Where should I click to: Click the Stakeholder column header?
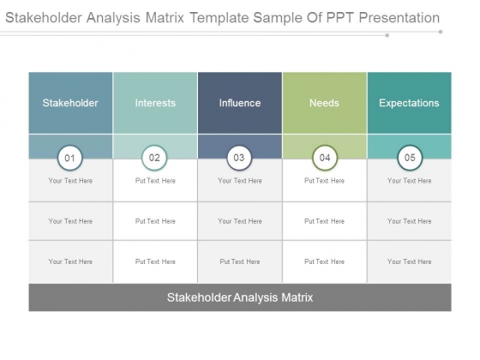(70, 103)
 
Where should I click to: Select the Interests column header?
(155, 103)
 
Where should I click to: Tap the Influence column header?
(240, 103)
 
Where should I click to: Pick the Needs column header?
(325, 103)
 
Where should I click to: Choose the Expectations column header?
(410, 103)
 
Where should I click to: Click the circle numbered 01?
(69, 158)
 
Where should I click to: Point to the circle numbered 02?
(154, 158)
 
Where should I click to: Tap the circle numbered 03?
(239, 158)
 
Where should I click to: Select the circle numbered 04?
(325, 158)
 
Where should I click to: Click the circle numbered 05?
(410, 158)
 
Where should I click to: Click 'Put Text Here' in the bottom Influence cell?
(240, 261)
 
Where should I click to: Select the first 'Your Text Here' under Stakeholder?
(70, 181)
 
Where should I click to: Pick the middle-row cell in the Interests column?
(155, 221)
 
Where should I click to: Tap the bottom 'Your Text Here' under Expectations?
(410, 261)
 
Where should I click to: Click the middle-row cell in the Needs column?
(325, 221)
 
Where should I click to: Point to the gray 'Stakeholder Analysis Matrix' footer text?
(240, 297)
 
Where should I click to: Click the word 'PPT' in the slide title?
(340, 18)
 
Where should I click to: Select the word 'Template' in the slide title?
(219, 18)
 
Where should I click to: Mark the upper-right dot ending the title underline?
(441, 32)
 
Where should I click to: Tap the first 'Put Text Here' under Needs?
(325, 181)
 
